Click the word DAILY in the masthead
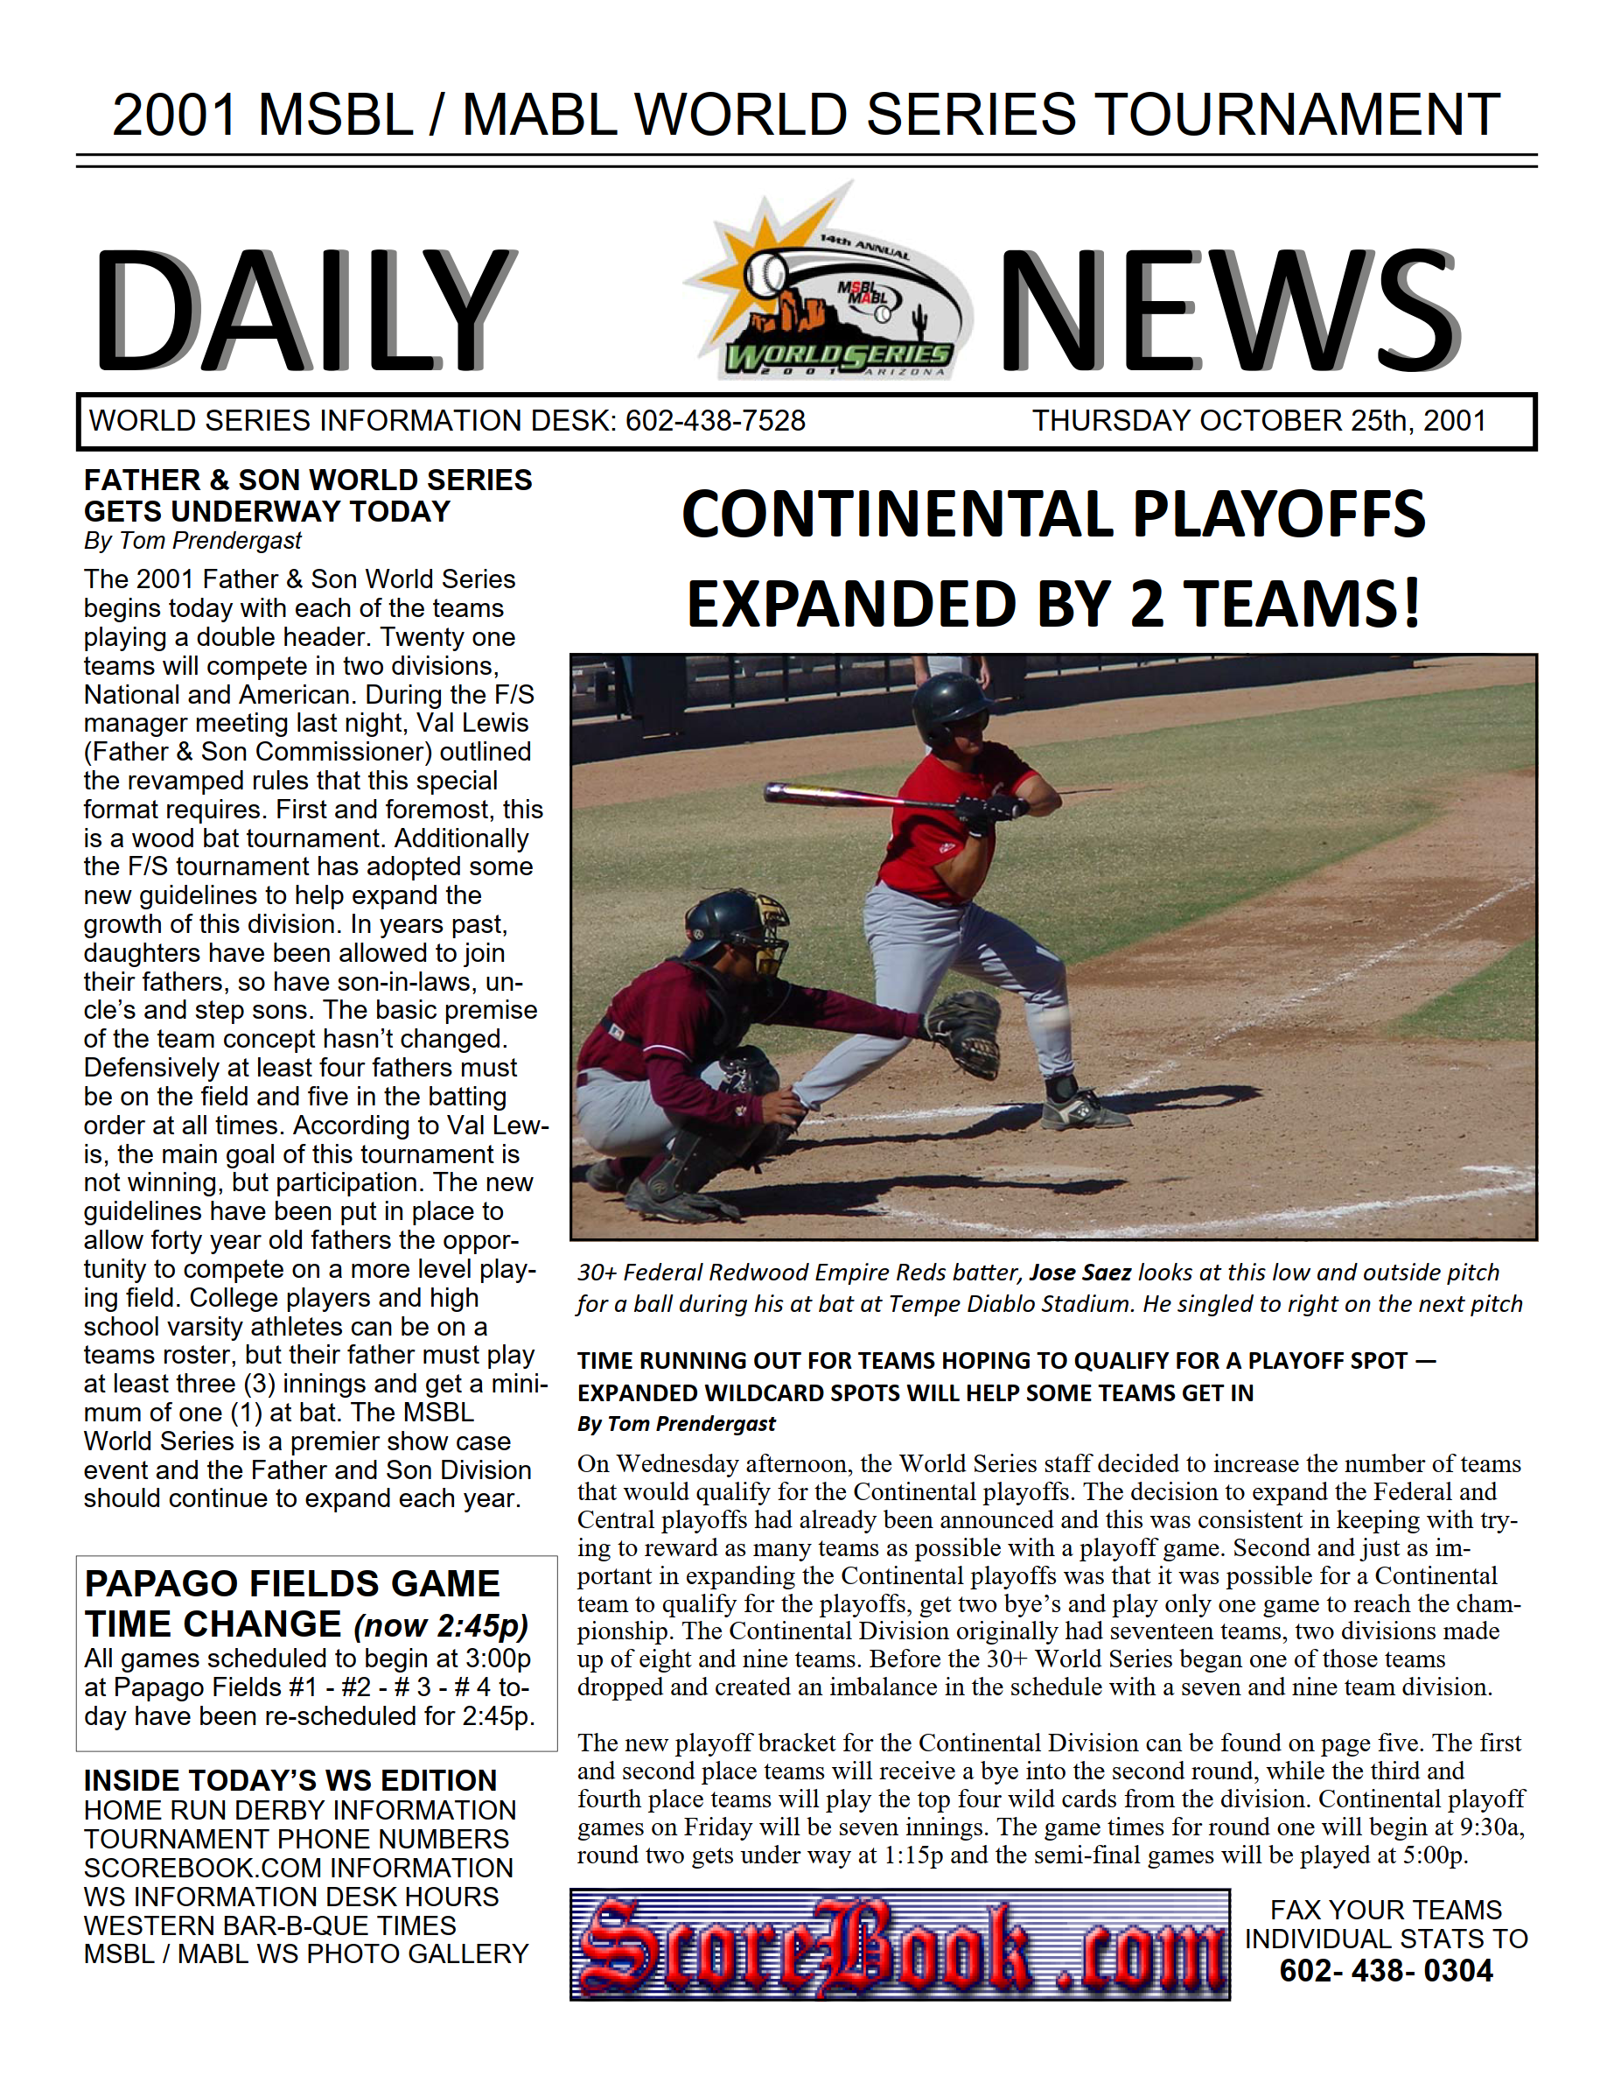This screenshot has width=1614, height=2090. pyautogui.click(x=304, y=309)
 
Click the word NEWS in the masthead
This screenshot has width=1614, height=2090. pyautogui.click(x=1228, y=309)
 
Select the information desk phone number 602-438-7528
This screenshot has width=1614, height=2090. pyautogui.click(x=715, y=421)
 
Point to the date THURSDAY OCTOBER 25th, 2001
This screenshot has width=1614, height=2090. pyautogui.click(x=1258, y=421)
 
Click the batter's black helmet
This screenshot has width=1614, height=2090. pyautogui.click(x=949, y=703)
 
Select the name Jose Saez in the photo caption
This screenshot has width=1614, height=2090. pyautogui.click(x=1080, y=1273)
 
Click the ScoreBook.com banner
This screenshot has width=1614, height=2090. pyautogui.click(x=899, y=1945)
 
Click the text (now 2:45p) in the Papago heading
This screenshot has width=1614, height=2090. pyautogui.click(x=440, y=1626)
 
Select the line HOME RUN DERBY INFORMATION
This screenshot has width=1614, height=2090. pyautogui.click(x=299, y=1811)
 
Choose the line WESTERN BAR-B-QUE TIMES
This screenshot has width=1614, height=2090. pyautogui.click(x=269, y=1925)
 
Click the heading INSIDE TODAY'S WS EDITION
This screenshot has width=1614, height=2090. pyautogui.click(x=290, y=1780)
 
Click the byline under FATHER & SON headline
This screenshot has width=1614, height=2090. pyautogui.click(x=192, y=541)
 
